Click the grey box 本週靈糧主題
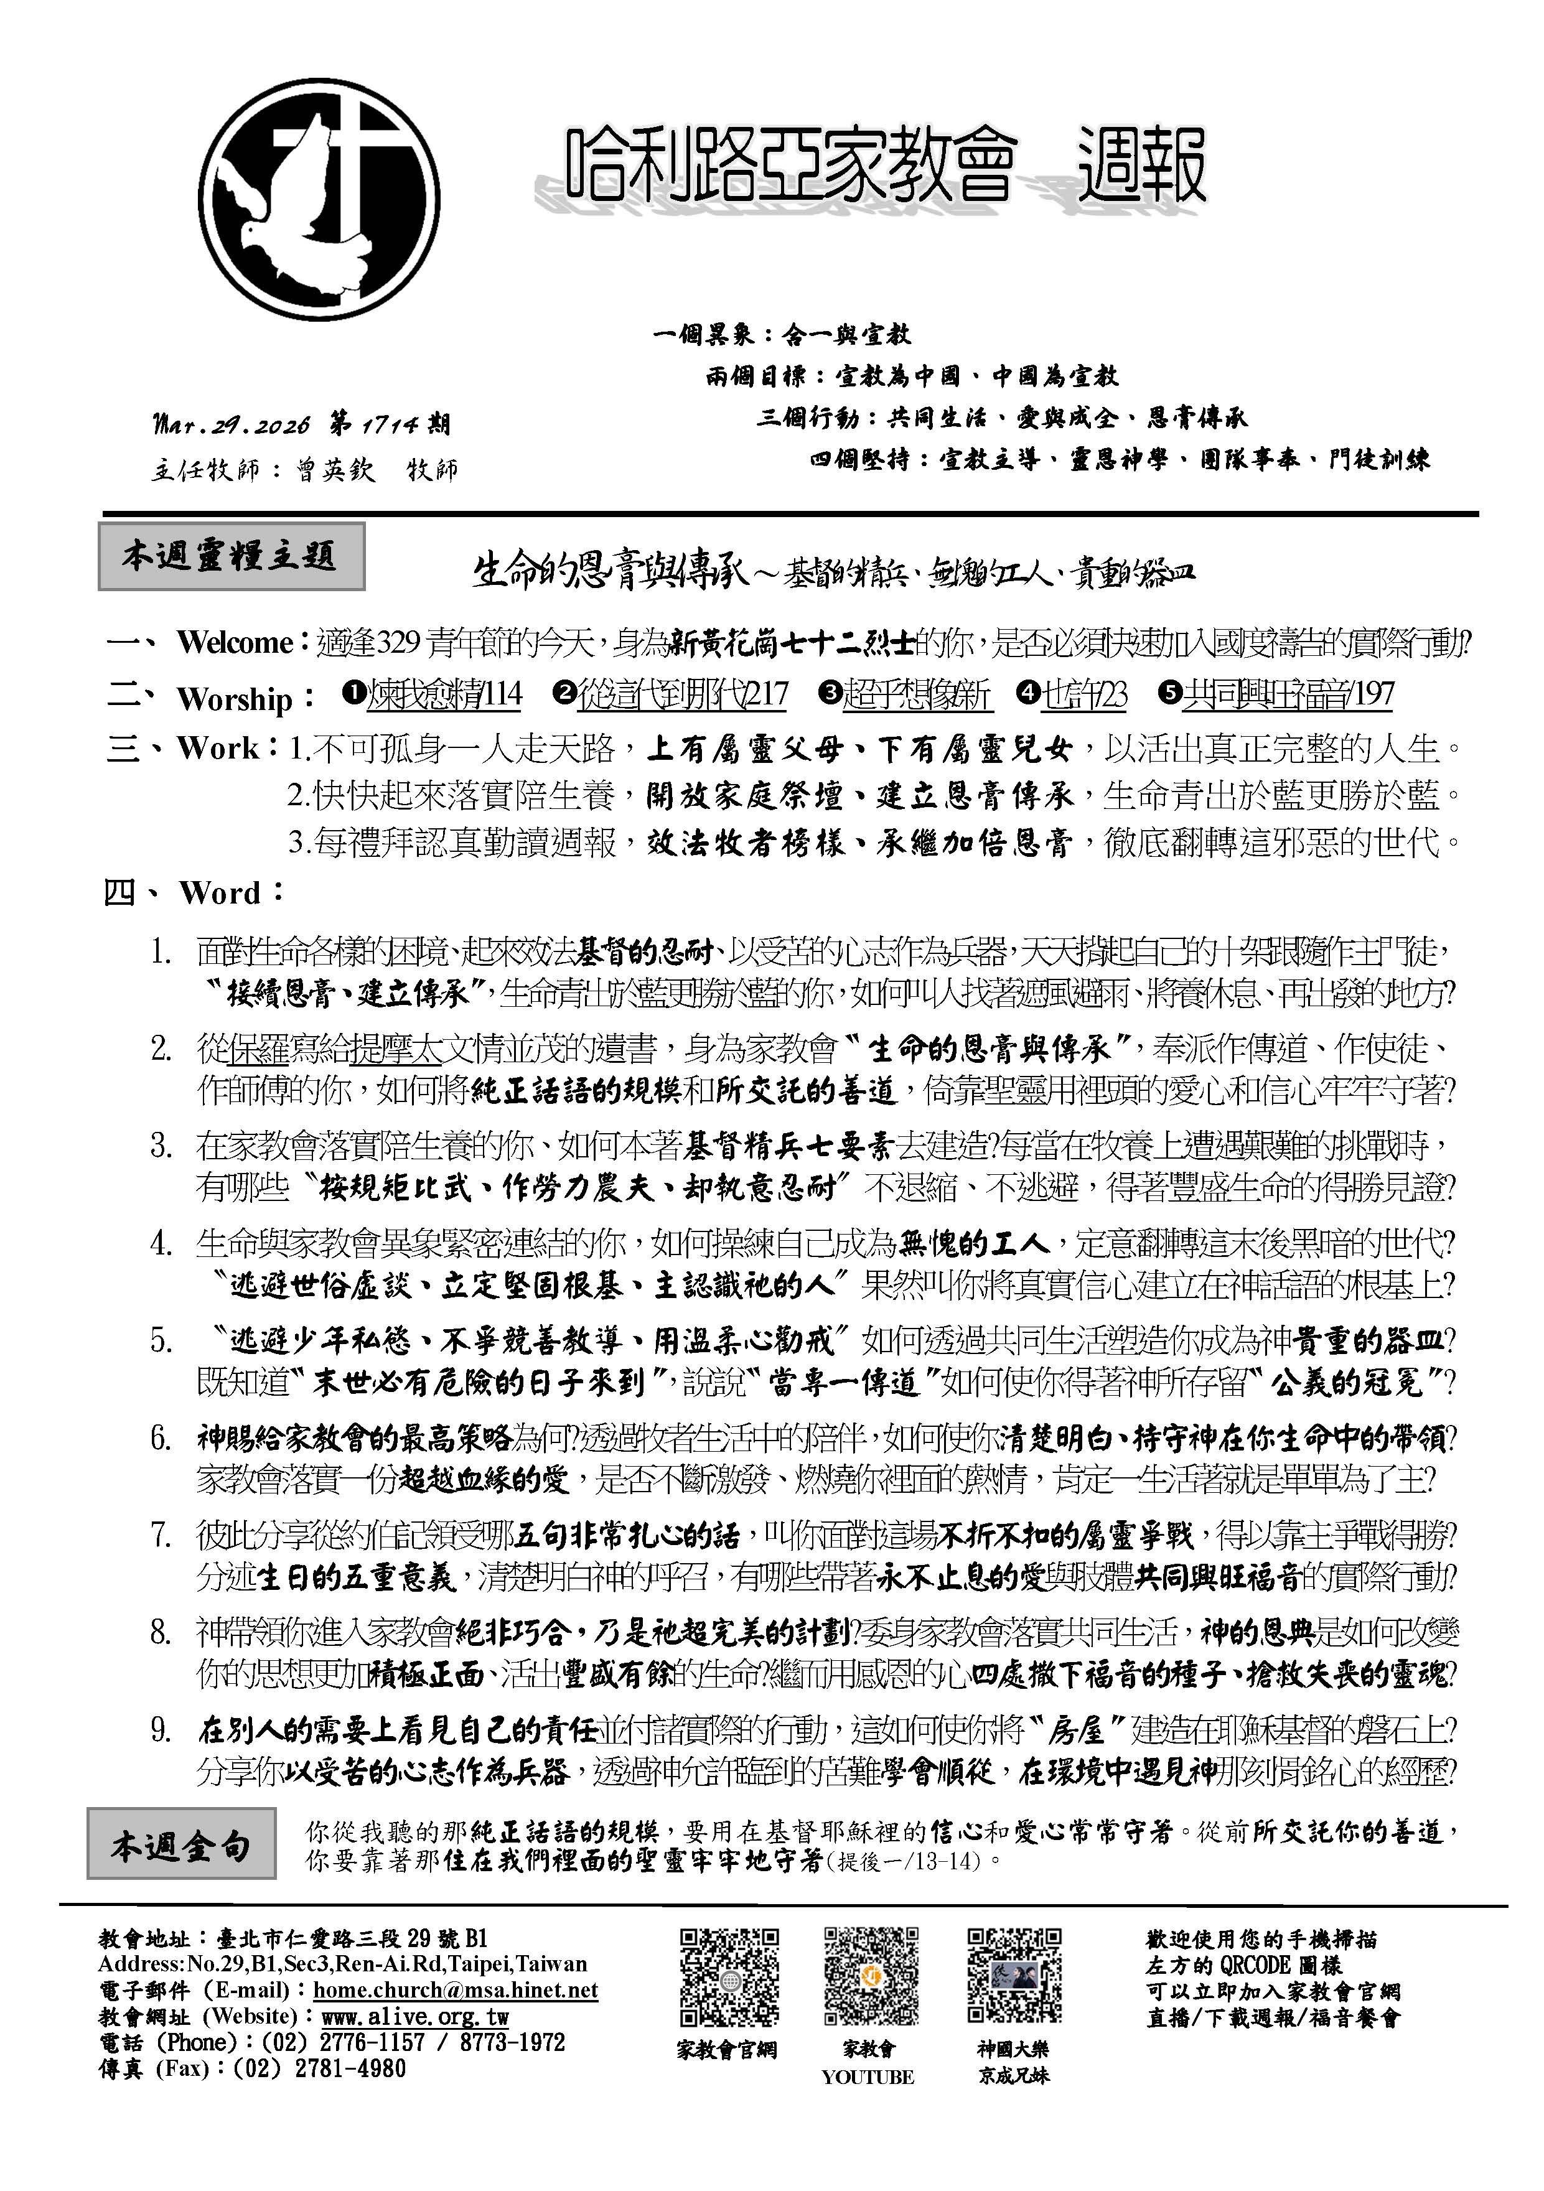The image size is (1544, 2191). [231, 556]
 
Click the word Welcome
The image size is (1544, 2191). [235, 642]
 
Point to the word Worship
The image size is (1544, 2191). [234, 699]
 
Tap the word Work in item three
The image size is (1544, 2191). [218, 748]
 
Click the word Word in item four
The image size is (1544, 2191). [220, 893]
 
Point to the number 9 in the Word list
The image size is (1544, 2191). [161, 1730]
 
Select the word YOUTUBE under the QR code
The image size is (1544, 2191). [868, 2077]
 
